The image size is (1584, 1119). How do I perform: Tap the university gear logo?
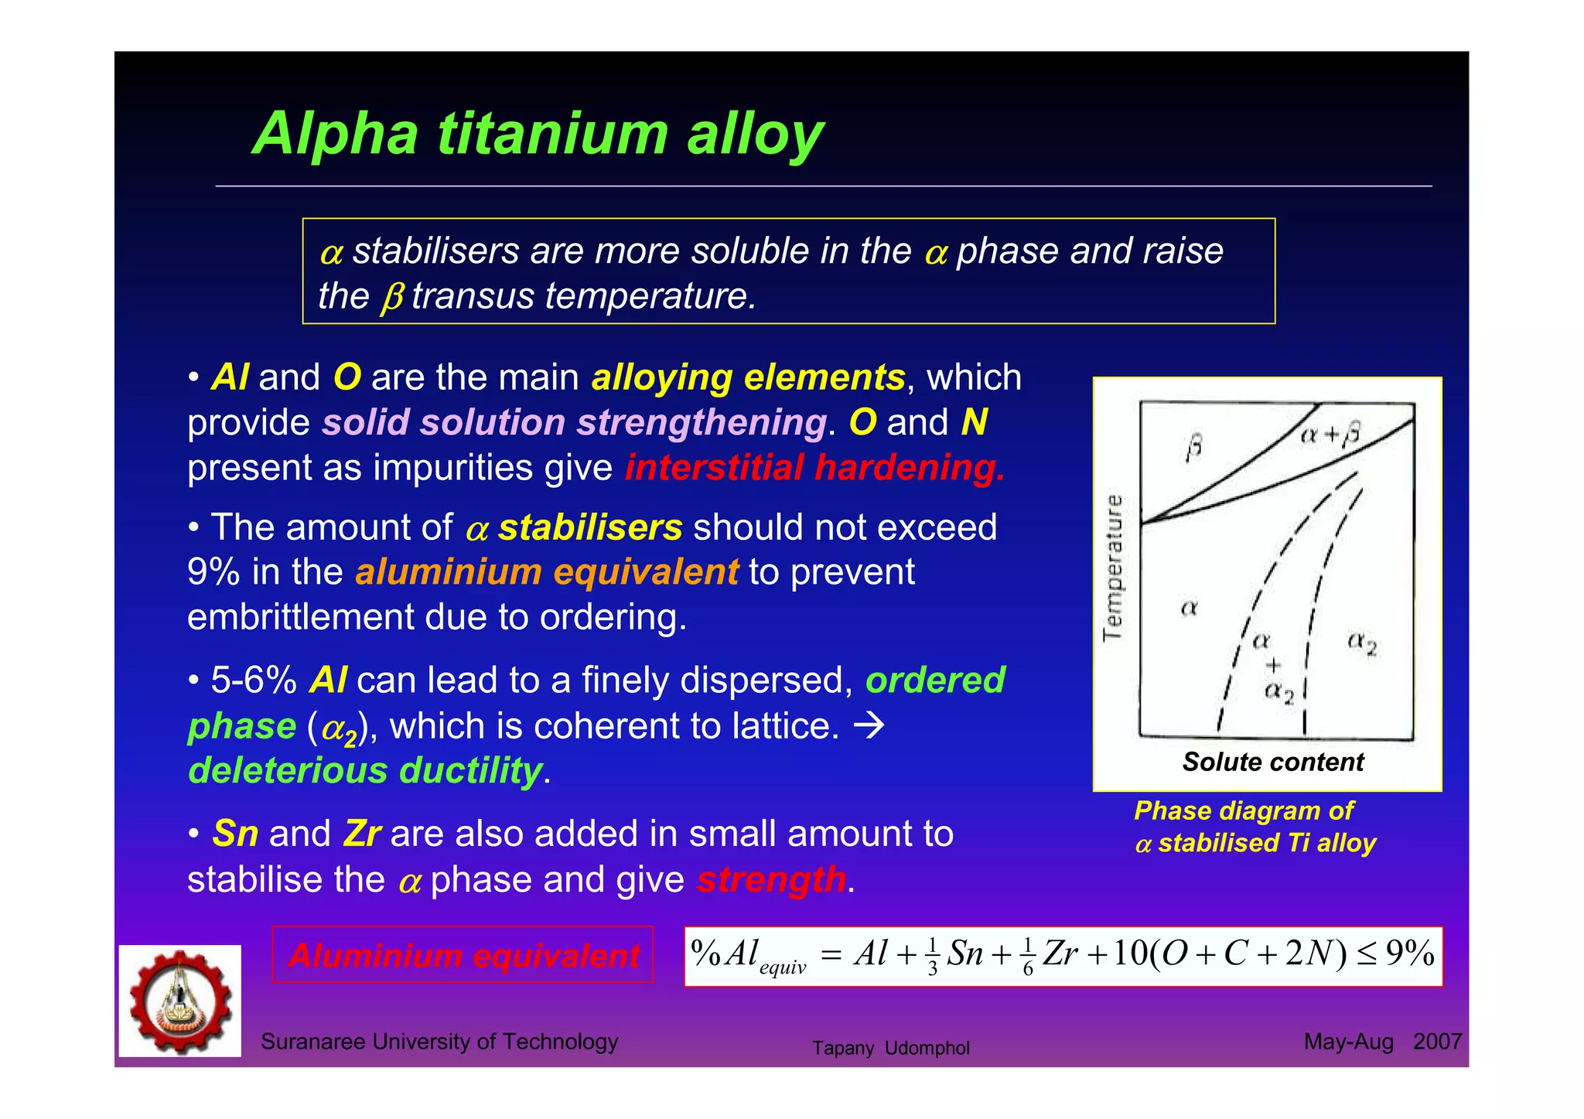coord(180,1001)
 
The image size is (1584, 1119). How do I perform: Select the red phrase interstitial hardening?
coord(814,468)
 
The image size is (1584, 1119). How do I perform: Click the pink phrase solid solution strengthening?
coord(574,423)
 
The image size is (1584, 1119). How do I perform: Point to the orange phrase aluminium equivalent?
coord(546,572)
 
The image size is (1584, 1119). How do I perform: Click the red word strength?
coord(771,880)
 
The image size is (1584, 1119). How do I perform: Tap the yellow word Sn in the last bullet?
coord(235,834)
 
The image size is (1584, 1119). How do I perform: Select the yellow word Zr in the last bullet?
coord(361,834)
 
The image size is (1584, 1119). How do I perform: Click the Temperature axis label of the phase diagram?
coord(1113,568)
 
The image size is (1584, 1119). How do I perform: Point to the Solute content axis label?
coord(1272,762)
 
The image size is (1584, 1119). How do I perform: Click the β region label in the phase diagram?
coord(1193,448)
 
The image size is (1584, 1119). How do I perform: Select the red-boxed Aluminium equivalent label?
coord(463,956)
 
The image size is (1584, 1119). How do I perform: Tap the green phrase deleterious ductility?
coord(365,771)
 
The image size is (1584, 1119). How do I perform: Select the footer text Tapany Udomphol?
coord(890,1049)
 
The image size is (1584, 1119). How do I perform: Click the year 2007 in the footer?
coord(1437,1042)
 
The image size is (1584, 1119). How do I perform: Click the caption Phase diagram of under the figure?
coord(1243,811)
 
